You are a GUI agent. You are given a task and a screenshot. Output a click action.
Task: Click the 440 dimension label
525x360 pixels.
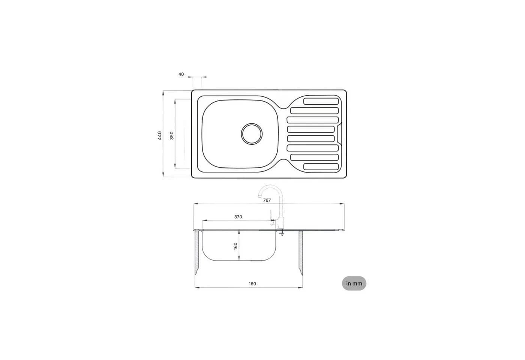tap(160, 136)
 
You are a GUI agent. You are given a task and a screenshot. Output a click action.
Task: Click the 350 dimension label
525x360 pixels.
tap(172, 136)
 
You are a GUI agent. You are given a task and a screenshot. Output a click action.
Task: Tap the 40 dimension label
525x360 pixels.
tap(181, 74)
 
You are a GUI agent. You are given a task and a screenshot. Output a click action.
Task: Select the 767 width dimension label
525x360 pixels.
tap(267, 200)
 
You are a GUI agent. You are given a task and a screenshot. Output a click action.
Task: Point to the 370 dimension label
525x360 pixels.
tap(238, 217)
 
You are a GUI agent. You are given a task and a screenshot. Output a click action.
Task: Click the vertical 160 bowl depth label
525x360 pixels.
tap(235, 246)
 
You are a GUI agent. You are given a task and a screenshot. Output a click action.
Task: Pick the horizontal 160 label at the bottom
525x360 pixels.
tap(252, 284)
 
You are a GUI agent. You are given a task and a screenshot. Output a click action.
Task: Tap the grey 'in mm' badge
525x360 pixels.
tap(354, 283)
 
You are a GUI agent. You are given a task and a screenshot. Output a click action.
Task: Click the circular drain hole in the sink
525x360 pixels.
tap(252, 134)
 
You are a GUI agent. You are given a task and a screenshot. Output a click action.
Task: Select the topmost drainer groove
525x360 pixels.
tap(321, 101)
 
